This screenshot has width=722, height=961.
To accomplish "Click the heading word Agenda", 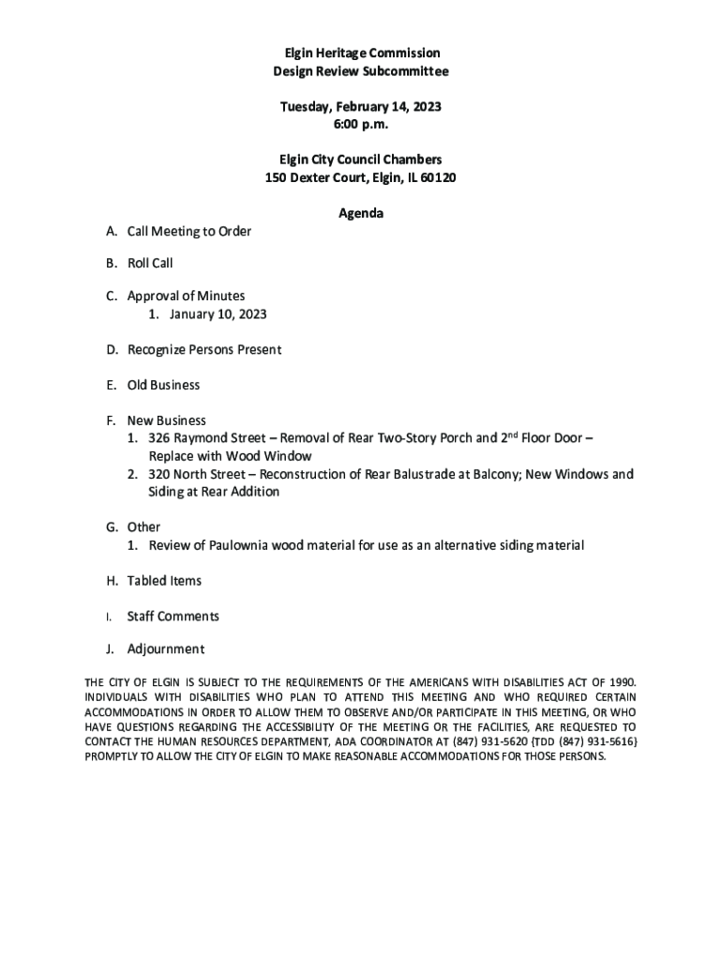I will [x=361, y=214].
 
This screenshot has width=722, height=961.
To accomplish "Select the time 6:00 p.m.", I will [x=361, y=125].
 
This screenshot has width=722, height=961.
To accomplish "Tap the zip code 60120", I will [x=437, y=178].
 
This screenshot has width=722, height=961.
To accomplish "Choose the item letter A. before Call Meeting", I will [x=112, y=232].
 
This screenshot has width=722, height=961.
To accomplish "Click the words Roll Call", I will [x=150, y=264].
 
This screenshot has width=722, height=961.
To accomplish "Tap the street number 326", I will [x=159, y=438].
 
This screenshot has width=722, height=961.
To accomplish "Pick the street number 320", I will [x=159, y=474].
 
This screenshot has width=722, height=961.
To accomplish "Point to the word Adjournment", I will [x=165, y=649].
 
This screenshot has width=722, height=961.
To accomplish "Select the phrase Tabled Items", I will [x=164, y=581].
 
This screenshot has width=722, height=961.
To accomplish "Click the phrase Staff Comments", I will [x=173, y=617].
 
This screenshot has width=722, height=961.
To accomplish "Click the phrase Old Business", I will [x=163, y=385].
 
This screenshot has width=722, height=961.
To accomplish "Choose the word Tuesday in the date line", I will [x=306, y=107].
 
